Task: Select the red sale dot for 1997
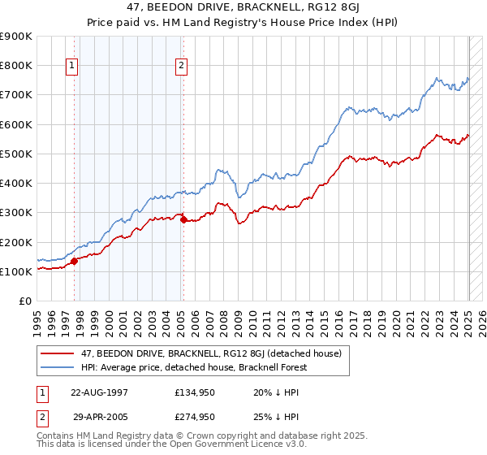coord(74,261)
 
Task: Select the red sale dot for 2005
coord(183,219)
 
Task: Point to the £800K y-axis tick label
coord(16,65)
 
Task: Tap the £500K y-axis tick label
coord(16,154)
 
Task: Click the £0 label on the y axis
coord(24,301)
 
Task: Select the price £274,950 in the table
coord(195,417)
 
